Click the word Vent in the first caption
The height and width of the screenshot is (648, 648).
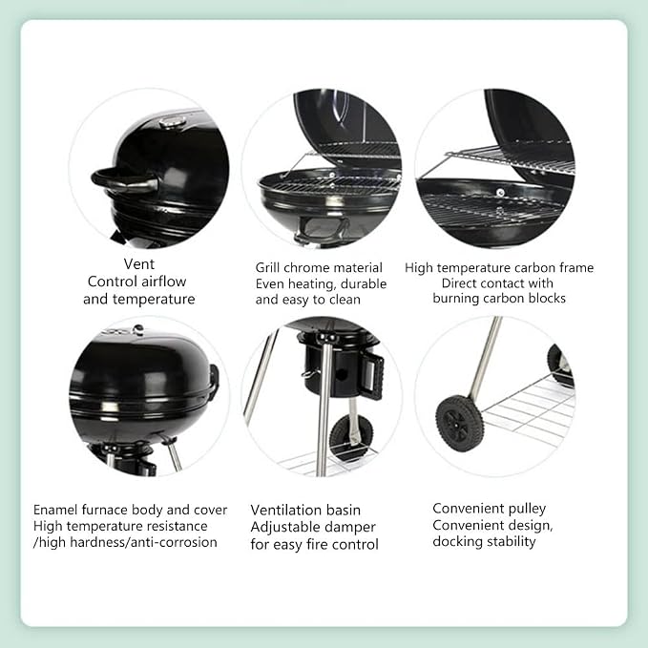139,263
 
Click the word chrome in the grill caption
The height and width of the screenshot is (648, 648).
299,267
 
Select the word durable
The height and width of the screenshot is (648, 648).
364,283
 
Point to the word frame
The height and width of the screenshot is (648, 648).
576,267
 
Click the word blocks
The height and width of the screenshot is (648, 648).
546,298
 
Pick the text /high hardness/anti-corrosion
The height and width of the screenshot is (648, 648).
125,542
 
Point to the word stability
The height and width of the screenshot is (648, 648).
511,541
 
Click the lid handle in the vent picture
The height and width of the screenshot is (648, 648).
125,180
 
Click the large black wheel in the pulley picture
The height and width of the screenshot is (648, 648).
460,423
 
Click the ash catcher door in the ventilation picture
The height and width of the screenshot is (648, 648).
373,377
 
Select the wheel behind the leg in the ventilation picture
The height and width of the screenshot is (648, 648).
350,437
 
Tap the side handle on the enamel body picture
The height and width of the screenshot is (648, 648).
215,381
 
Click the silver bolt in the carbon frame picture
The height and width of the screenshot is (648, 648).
500,193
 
